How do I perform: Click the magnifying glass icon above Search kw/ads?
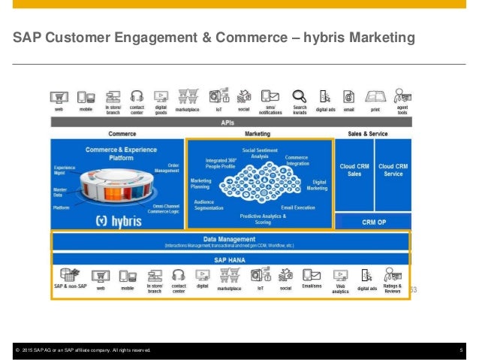pos(300,96)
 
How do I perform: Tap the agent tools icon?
pos(402,96)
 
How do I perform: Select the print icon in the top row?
pos(375,96)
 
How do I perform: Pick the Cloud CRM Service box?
pos(393,170)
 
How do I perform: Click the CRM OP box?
pos(373,222)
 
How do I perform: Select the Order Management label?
pos(166,168)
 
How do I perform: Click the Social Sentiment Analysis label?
pos(260,153)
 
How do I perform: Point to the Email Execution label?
pos(298,207)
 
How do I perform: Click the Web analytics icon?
pos(340,275)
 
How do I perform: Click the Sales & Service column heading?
pos(367,133)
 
